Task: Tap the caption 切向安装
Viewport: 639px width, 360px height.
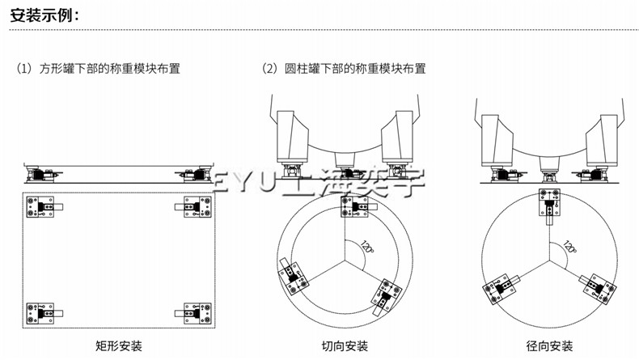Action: coord(345,347)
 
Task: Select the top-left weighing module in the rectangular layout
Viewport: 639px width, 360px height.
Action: coord(43,207)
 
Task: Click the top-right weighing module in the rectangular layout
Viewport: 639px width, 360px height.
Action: coord(192,207)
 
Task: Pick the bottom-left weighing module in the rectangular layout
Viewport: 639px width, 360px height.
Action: coord(43,311)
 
